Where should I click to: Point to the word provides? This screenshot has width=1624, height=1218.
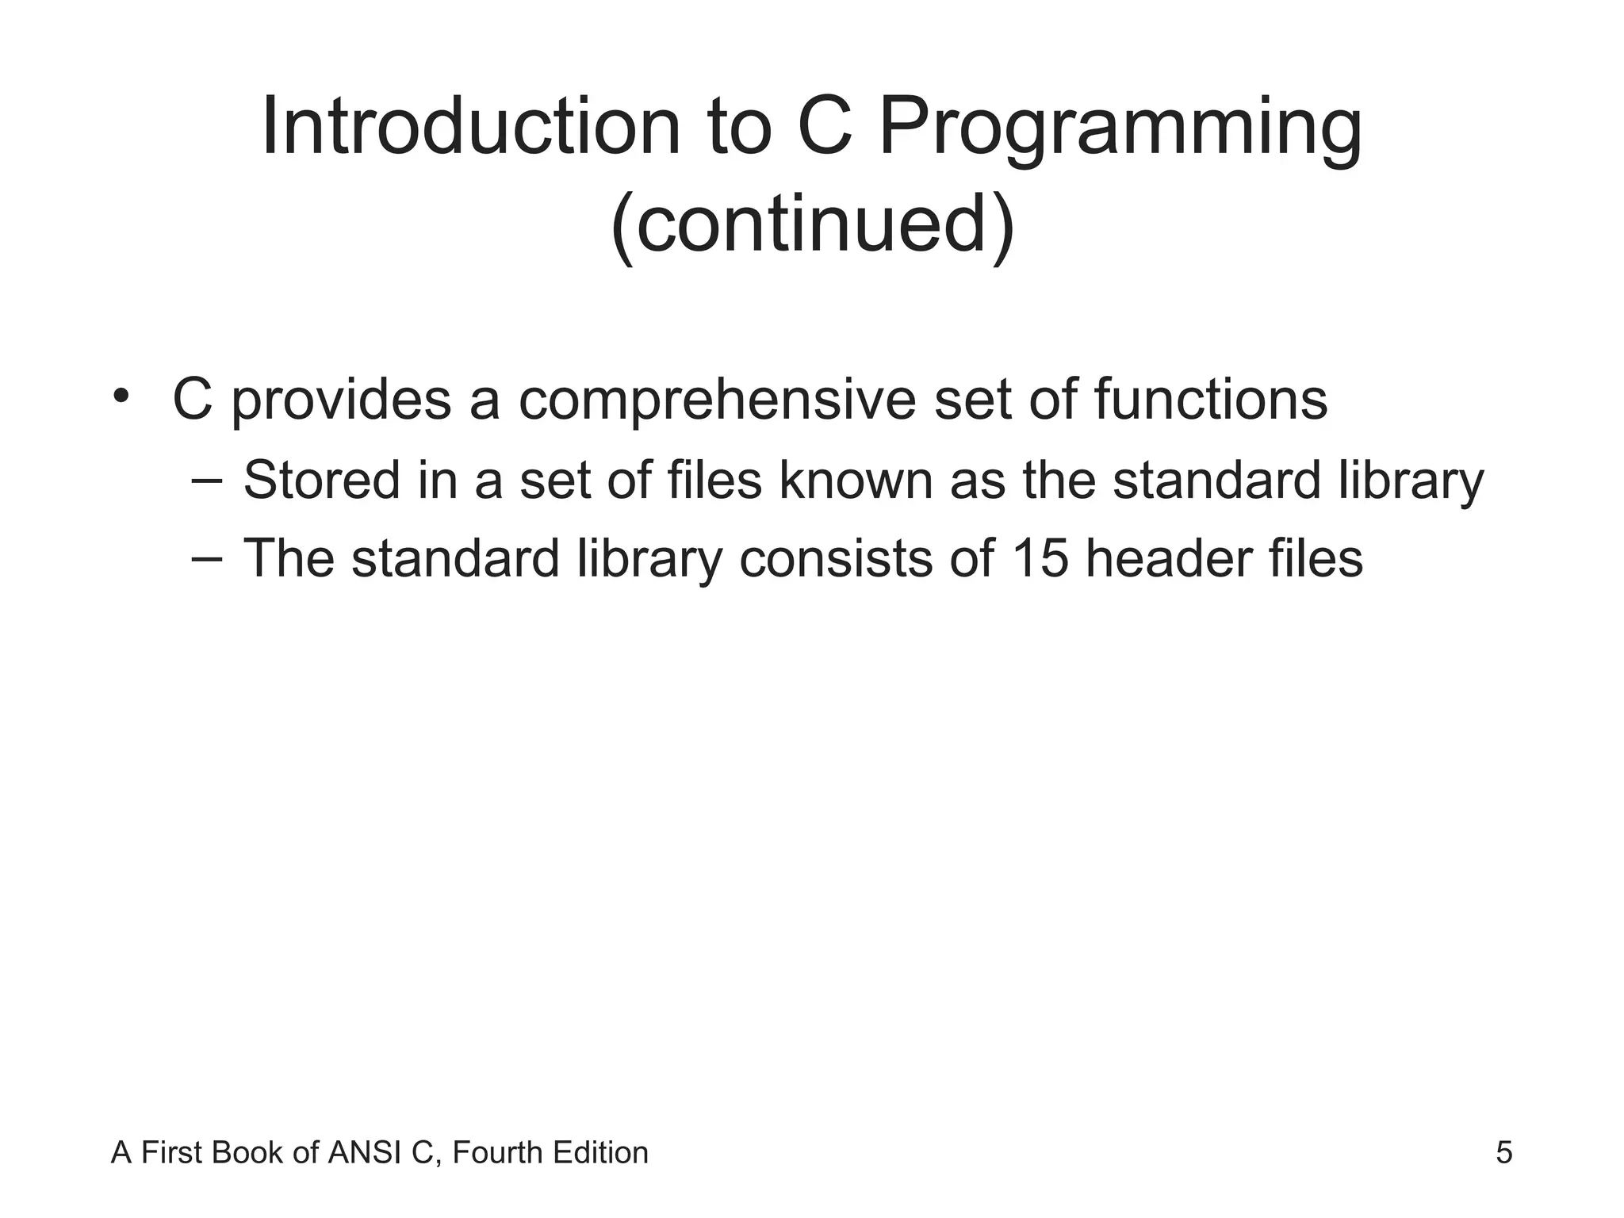[341, 400]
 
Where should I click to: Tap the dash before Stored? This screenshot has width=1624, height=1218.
[206, 481]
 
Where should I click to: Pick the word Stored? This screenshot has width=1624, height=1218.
[321, 481]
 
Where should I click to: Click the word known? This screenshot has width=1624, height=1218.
[856, 481]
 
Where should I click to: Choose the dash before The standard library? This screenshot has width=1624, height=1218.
[206, 558]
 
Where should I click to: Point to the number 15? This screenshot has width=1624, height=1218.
[1040, 558]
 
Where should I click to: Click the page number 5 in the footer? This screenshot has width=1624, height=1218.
[1503, 1153]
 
